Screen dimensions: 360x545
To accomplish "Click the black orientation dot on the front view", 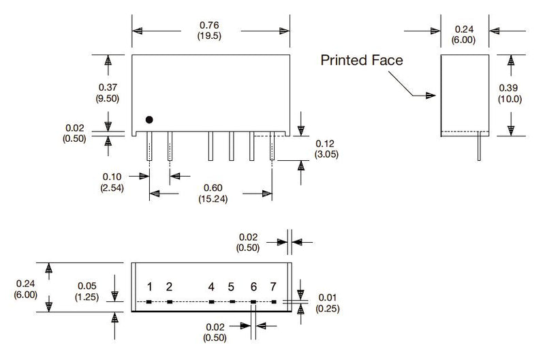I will [150, 120].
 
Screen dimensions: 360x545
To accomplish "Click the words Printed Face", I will [361, 60].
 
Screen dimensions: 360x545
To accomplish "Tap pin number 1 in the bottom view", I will [149, 286].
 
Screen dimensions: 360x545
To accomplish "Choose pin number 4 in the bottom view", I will [212, 286].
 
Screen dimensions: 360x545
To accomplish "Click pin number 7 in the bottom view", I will [273, 286].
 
